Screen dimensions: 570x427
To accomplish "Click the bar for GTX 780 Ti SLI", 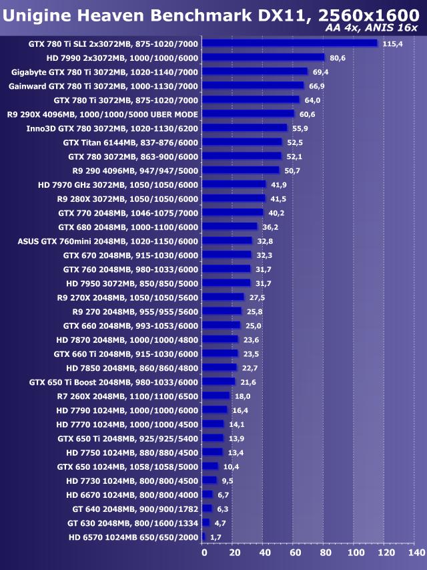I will pos(290,43).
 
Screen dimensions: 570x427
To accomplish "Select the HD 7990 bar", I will pos(263,57).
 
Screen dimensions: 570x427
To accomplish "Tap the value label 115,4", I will pos(393,43).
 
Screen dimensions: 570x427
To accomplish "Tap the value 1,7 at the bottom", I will pos(216,537).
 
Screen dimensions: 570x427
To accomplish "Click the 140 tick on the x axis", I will pos(416,553).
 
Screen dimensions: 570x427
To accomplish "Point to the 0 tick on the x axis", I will pos(204,553).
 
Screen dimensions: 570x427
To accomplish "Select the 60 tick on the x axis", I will pos(294,553).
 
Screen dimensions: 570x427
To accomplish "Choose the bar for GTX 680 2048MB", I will pos(230,227).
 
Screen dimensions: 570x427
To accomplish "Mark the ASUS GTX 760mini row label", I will pos(108,241).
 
